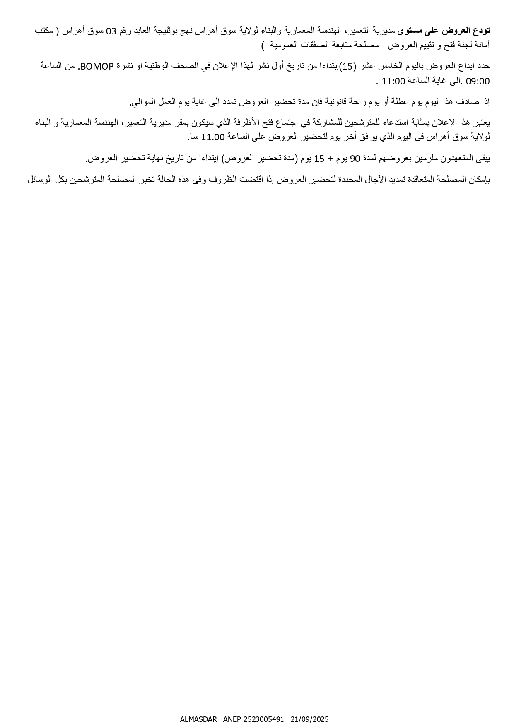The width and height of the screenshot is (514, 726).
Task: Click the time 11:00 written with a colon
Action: (393, 82)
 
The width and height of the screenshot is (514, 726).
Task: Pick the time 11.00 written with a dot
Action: (212, 137)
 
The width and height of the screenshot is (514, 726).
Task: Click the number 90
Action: (355, 159)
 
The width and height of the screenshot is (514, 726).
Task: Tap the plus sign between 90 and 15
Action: (331, 159)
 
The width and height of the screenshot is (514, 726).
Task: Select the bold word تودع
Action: (482, 31)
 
